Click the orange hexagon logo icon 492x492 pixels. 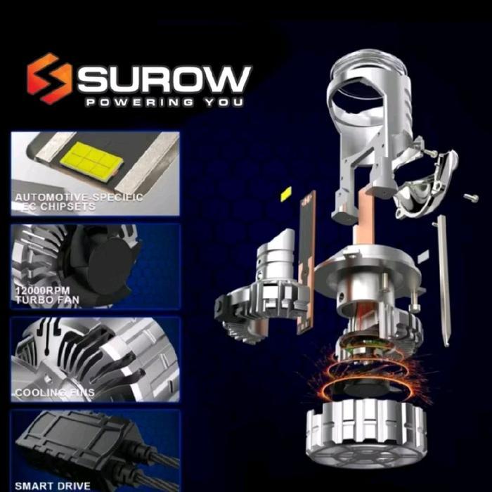pyautogui.click(x=49, y=79)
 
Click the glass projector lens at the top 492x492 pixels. pyautogui.click(x=365, y=84)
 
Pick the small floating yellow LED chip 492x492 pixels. pyautogui.click(x=286, y=194)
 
